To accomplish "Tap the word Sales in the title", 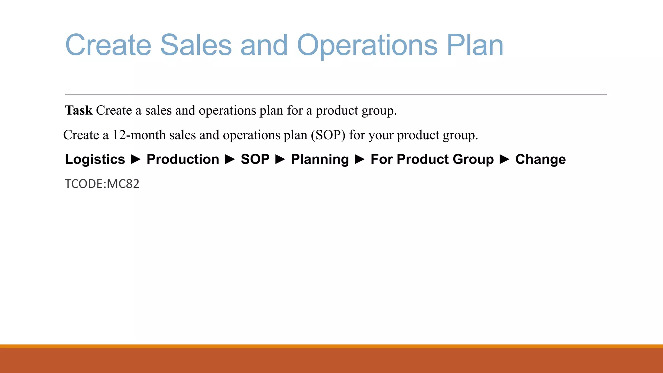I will [x=196, y=45].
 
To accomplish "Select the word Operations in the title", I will [x=367, y=45].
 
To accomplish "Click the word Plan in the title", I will [x=475, y=45].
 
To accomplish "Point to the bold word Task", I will [x=79, y=110].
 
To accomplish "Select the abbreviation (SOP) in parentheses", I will [x=328, y=135].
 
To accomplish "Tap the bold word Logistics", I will [x=95, y=159].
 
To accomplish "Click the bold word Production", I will [x=183, y=159].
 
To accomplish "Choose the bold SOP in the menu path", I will [x=255, y=159].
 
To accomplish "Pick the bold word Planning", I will [x=320, y=159].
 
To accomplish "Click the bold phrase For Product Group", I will [x=432, y=159].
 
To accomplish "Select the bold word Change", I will [x=540, y=159].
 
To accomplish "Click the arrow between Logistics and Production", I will [x=136, y=159].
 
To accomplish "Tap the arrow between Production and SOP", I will [x=230, y=159].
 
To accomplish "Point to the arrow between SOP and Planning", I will [x=280, y=159].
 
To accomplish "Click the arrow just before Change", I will [x=505, y=159].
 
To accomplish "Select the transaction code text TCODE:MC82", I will [x=102, y=184].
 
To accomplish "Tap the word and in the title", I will [x=264, y=45].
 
